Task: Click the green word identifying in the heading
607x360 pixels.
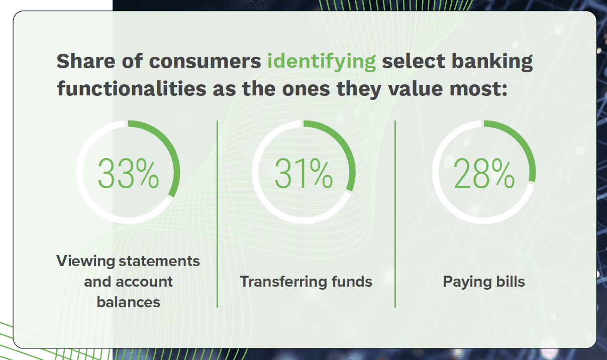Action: point(322,62)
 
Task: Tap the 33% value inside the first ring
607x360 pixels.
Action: point(128,174)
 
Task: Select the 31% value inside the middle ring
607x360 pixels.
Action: point(303,174)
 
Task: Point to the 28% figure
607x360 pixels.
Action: point(484,174)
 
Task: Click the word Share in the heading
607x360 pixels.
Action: point(86,61)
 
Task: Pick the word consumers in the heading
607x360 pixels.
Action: point(205,62)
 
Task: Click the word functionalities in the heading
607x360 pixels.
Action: point(132,89)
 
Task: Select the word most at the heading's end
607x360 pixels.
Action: point(478,89)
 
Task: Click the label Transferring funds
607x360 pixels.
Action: point(306,282)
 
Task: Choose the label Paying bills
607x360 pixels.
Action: point(484,282)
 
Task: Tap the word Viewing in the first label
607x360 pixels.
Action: point(85,262)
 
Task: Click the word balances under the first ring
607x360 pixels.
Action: point(129,302)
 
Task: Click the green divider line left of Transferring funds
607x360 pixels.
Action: point(218,214)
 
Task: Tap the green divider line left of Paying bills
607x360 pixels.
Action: point(395,214)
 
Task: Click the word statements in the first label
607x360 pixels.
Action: point(159,262)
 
